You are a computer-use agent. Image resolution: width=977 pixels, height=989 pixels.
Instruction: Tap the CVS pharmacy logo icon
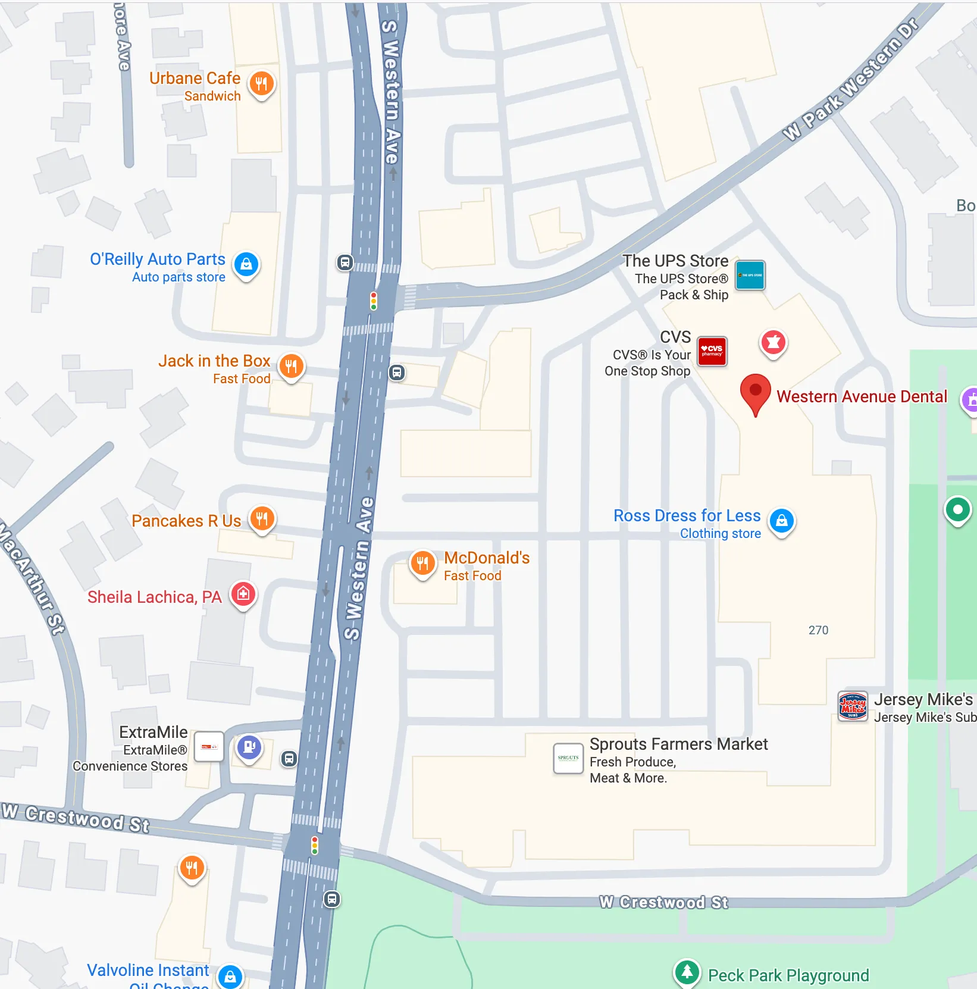712,350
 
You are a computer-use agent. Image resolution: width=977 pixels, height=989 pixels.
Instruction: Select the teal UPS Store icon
750,275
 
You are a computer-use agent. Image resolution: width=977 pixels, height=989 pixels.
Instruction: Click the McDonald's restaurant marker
422,563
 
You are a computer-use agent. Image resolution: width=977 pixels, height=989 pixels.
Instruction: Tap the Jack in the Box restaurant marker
291,367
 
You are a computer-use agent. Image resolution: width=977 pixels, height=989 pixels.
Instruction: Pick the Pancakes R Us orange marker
262,519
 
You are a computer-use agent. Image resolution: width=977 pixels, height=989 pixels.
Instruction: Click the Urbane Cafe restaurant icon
261,84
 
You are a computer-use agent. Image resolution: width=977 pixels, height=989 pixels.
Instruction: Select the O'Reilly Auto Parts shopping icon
246,264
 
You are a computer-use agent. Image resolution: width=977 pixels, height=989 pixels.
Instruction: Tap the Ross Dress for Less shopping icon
782,521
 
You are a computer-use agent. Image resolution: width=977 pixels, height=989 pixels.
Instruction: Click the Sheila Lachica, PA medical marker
243,594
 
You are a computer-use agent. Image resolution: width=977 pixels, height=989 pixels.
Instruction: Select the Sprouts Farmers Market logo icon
568,758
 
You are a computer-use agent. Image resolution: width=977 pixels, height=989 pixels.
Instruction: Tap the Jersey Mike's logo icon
853,706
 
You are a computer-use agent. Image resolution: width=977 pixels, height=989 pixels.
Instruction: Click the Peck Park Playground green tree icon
687,972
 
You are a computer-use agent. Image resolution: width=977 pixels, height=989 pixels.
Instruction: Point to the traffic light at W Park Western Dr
374,301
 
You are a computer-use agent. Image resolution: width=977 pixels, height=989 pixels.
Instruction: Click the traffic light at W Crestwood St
315,845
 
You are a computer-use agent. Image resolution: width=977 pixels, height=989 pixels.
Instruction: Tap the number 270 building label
818,630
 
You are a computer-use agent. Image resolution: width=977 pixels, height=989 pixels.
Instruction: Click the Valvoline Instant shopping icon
230,977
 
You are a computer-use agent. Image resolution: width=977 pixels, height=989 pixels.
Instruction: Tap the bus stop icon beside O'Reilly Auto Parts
345,262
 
